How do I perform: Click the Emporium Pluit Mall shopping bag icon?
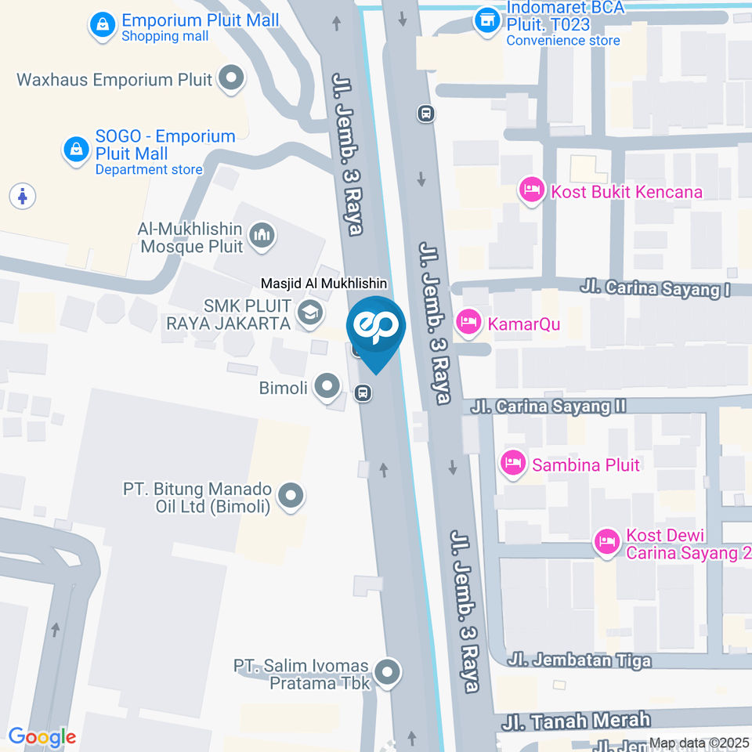pyautogui.click(x=102, y=25)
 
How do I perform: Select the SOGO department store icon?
pyautogui.click(x=76, y=148)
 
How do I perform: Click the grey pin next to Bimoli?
pyautogui.click(x=326, y=385)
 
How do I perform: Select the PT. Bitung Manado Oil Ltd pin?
pyautogui.click(x=291, y=496)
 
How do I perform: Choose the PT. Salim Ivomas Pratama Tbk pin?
pyautogui.click(x=387, y=671)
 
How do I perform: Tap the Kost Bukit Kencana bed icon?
pyautogui.click(x=532, y=190)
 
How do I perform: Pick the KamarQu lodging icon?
pyautogui.click(x=468, y=322)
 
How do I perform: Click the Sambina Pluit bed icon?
pyautogui.click(x=513, y=463)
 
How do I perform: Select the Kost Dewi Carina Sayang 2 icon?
pyautogui.click(x=606, y=541)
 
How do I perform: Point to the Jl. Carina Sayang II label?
pyautogui.click(x=548, y=407)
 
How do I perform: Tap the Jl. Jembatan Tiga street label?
pyautogui.click(x=579, y=660)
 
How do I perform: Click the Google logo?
pyautogui.click(x=42, y=736)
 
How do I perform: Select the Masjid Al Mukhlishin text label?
pyautogui.click(x=325, y=284)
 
